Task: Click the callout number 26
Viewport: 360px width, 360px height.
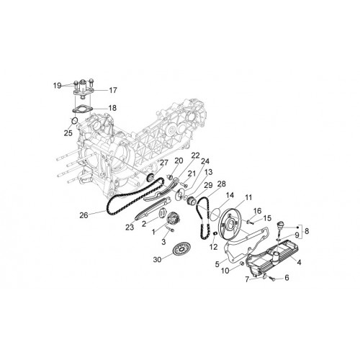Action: tap(84, 215)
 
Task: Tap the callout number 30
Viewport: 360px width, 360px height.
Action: tap(157, 259)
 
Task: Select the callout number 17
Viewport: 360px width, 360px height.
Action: tap(113, 90)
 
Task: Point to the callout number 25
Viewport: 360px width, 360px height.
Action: tap(68, 132)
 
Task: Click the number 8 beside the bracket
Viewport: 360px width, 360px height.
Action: tap(307, 231)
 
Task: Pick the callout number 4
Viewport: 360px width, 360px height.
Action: tap(299, 262)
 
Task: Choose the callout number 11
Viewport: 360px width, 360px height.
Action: tap(248, 197)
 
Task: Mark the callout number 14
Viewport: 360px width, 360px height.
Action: tap(230, 195)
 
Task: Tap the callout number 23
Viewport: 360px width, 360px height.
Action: tap(130, 227)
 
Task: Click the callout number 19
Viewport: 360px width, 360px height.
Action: tap(58, 86)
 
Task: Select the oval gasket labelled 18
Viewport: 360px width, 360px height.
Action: tap(82, 109)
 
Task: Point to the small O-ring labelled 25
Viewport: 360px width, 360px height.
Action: tap(75, 120)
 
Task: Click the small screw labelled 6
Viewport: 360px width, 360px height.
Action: tap(272, 279)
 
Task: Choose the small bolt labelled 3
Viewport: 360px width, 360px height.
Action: tap(171, 230)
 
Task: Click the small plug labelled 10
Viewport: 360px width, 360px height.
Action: tap(242, 264)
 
